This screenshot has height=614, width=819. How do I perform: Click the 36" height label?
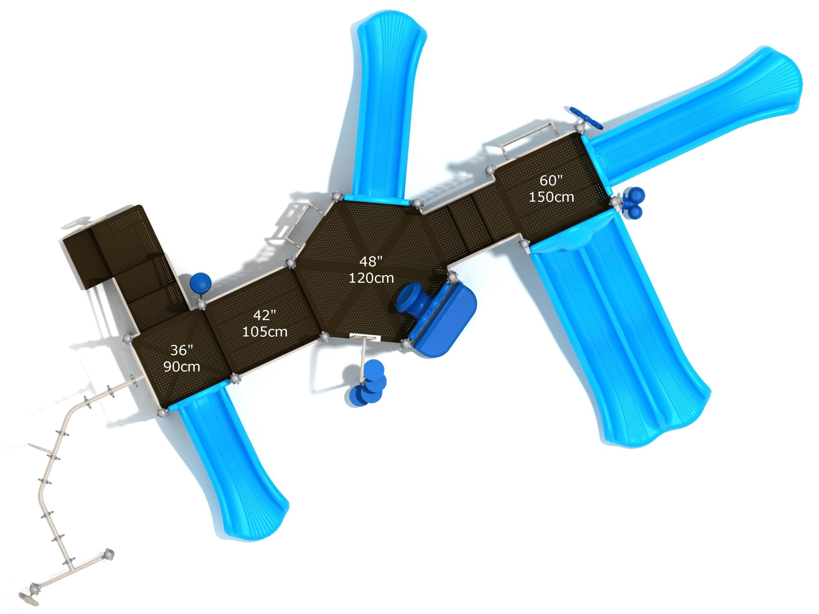click(181, 350)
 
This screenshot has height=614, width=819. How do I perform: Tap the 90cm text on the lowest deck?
click(181, 367)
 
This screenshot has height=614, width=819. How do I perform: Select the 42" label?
click(264, 315)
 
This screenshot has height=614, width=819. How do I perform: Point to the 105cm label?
click(264, 332)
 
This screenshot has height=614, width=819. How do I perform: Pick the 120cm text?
click(371, 278)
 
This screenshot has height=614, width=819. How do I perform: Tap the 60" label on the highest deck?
click(551, 180)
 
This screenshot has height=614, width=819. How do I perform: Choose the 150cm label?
click(551, 197)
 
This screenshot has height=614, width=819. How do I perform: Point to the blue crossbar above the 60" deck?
click(583, 118)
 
